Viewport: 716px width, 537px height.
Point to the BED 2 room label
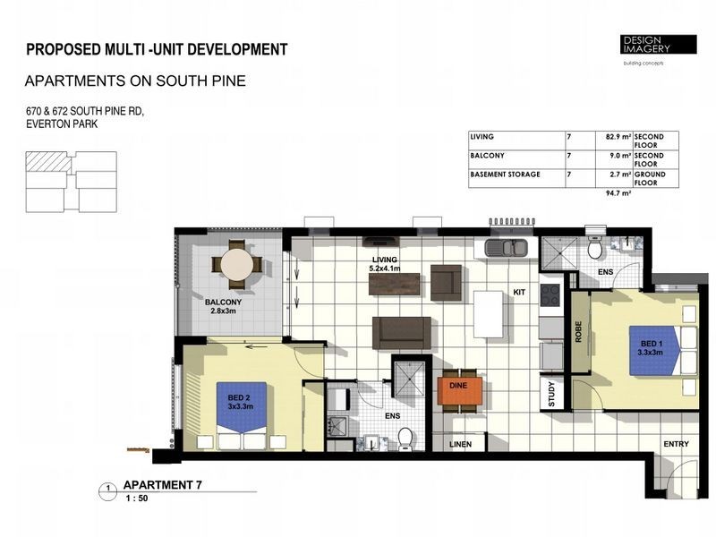pos(239,402)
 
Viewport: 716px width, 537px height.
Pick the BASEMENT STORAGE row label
pos(505,174)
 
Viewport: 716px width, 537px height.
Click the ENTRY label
pos(676,444)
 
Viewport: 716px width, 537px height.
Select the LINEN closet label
pos(461,444)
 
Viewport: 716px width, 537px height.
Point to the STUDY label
pos(552,394)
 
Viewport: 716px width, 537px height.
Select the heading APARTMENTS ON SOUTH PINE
pos(135,81)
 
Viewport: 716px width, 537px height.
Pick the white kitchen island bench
pos(489,313)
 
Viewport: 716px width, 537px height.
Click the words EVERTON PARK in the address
pos(62,124)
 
